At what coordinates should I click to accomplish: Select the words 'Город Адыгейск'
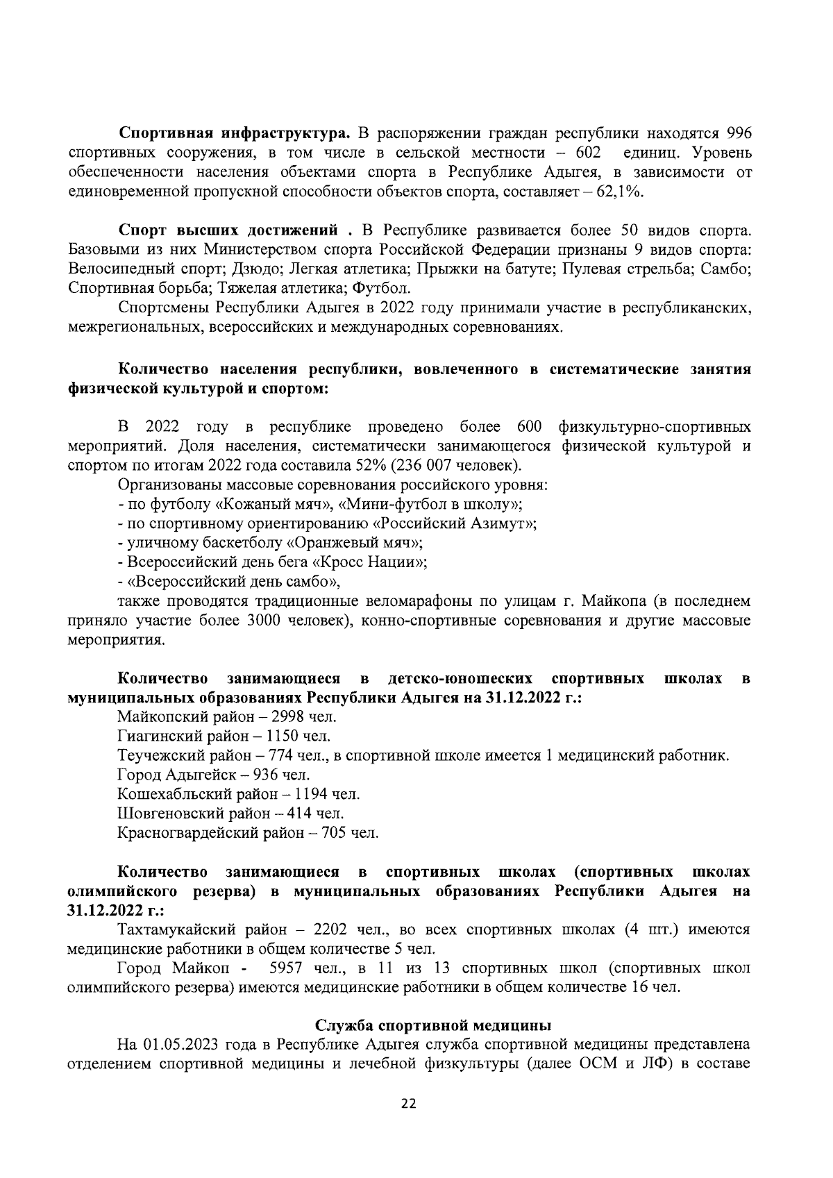(x=174, y=775)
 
